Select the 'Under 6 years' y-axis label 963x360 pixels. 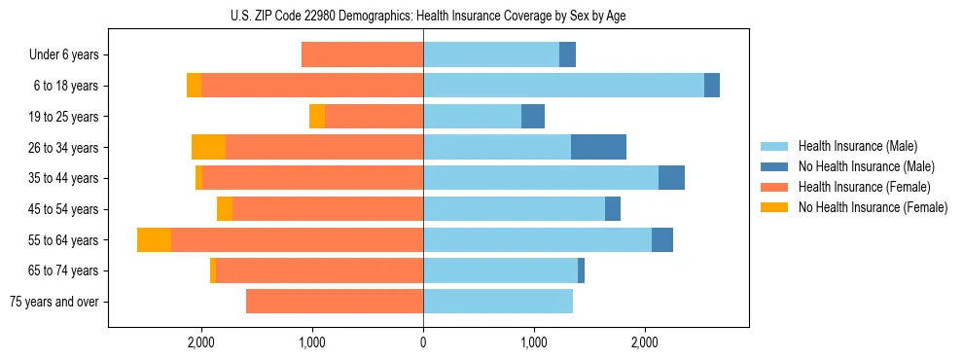pyautogui.click(x=63, y=55)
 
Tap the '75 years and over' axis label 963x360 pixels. pyautogui.click(x=54, y=302)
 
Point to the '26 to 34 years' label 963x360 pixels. pyautogui.click(x=65, y=148)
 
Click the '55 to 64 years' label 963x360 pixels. pyautogui.click(x=65, y=240)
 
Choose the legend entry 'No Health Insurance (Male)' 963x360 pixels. pyautogui.click(x=866, y=166)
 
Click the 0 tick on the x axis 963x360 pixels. pyautogui.click(x=423, y=342)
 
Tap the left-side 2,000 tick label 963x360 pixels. pyautogui.click(x=201, y=342)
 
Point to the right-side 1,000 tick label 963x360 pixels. pyautogui.click(x=534, y=342)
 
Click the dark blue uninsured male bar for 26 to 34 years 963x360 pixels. pyautogui.click(x=598, y=147)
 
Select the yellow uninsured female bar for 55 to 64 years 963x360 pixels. pyautogui.click(x=154, y=239)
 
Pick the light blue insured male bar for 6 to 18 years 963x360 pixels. pyautogui.click(x=563, y=86)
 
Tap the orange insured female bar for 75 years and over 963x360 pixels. pyautogui.click(x=335, y=302)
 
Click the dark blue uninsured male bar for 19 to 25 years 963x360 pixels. pyautogui.click(x=533, y=117)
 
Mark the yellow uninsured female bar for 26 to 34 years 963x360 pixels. pyautogui.click(x=208, y=147)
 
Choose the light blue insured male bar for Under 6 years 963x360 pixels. pyautogui.click(x=491, y=54)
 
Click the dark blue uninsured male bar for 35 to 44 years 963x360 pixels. pyautogui.click(x=671, y=178)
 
